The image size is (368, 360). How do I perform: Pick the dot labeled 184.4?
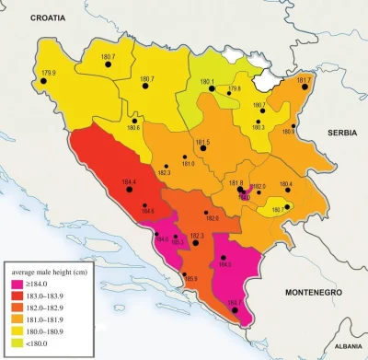pyautogui.click(x=136, y=192)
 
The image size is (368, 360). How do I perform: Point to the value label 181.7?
pyautogui.click(x=305, y=81)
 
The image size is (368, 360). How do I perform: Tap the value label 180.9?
pyautogui.click(x=288, y=132)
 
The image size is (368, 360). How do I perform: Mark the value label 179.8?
pyautogui.click(x=235, y=88)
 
